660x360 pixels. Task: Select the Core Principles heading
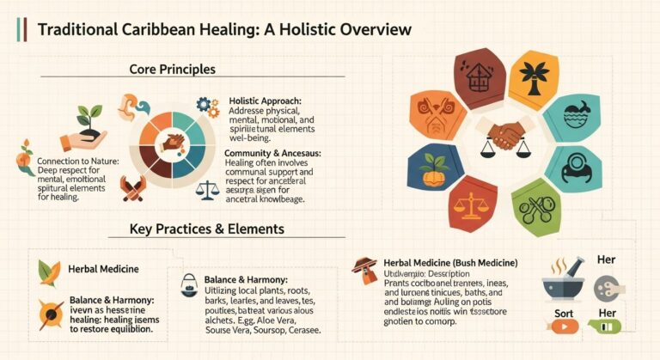coord(172,68)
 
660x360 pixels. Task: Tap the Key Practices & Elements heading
coord(207,229)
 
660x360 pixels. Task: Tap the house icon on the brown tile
coord(480,76)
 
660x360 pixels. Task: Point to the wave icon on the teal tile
coord(575,117)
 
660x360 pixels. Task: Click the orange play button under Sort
coord(563,326)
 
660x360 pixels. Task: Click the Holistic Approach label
coord(265,101)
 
